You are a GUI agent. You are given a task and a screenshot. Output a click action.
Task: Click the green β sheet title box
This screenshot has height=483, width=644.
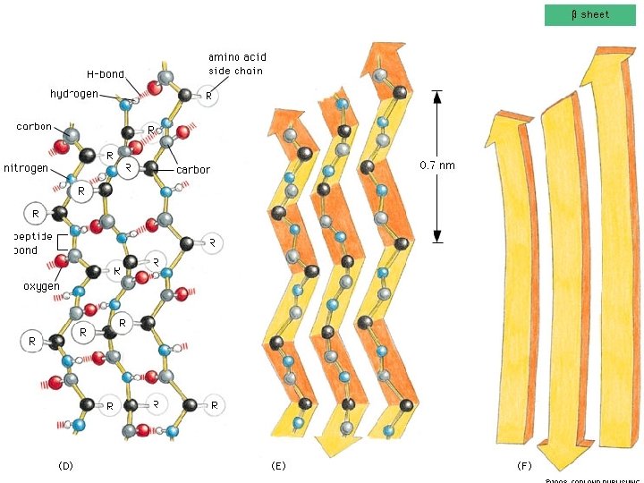tap(589, 14)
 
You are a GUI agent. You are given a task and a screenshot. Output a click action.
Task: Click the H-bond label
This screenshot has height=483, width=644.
tap(106, 74)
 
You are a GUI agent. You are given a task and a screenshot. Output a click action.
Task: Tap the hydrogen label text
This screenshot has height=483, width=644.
tap(74, 94)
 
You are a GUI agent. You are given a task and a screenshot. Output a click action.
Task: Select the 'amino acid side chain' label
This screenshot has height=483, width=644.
tap(237, 64)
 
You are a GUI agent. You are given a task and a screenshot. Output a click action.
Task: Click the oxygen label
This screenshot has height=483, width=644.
tap(41, 286)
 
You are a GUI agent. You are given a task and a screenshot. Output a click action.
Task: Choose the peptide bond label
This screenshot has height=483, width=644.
tap(27, 243)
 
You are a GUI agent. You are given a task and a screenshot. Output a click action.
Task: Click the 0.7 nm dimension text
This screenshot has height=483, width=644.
tap(437, 165)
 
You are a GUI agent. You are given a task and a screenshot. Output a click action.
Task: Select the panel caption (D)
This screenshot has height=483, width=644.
tap(65, 466)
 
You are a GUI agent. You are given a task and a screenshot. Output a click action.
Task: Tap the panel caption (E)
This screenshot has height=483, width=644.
tap(278, 466)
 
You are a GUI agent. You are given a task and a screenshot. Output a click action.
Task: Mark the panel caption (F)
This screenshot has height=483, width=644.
tap(525, 466)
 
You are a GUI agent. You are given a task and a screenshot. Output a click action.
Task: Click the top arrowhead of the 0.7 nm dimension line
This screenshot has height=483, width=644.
tap(437, 96)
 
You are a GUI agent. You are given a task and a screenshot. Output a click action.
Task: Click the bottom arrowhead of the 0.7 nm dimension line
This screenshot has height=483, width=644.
tap(437, 236)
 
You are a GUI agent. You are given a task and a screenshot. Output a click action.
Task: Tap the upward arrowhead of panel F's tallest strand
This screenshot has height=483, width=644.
tap(616, 65)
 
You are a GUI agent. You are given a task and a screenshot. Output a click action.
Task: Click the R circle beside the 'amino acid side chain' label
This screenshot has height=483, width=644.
tap(208, 95)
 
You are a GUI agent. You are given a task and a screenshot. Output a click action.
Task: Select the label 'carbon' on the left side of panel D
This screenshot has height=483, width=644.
tap(34, 126)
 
